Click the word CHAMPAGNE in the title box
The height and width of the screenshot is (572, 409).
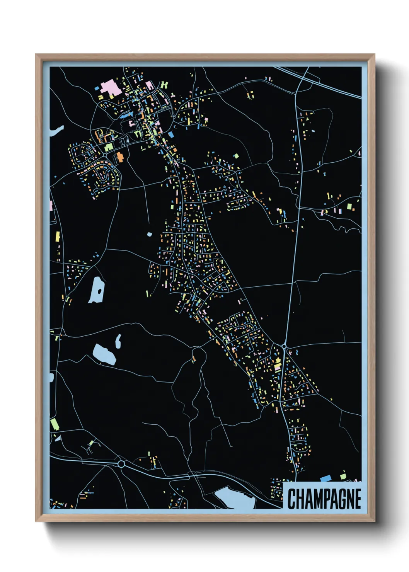324,499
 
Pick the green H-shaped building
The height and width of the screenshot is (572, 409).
165,84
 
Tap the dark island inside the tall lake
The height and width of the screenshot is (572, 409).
100,291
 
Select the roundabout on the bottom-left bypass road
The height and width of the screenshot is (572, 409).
121,464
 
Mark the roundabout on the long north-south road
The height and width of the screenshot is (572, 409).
284,347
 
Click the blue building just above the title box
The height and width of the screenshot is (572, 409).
325,478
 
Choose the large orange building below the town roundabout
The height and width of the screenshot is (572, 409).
119,157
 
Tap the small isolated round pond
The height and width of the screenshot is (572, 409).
150,234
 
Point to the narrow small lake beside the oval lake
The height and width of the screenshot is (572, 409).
118,341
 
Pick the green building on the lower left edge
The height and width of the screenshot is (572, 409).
55,424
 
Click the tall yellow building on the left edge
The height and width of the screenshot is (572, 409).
58,236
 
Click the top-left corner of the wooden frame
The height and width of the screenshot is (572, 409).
36,54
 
